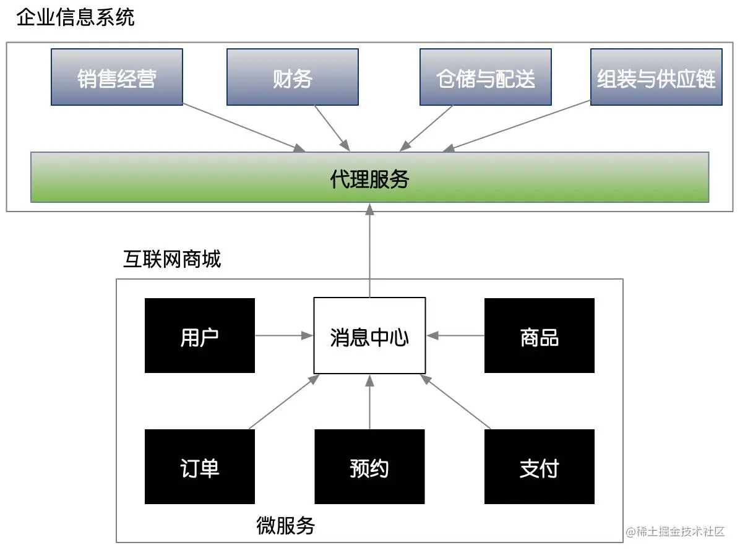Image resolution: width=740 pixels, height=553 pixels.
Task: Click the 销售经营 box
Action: pos(116,77)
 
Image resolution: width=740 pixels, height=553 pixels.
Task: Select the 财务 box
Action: pos(292,77)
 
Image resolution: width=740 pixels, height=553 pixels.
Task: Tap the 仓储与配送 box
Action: pos(485,77)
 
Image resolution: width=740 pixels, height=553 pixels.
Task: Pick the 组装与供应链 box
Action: pos(656,77)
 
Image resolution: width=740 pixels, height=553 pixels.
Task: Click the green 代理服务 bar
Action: pos(369,178)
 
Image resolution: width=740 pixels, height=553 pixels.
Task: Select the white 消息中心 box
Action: pos(369,336)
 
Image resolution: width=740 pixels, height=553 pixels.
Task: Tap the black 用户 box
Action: pos(199,336)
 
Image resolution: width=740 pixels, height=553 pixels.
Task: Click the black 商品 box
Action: pos(539,336)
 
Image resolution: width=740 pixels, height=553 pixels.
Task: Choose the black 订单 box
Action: pos(199,467)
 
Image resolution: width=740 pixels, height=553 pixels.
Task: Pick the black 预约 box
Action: pos(369,467)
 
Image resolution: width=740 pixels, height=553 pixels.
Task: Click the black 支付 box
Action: pos(539,467)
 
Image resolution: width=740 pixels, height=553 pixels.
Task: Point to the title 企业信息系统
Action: pos(75,17)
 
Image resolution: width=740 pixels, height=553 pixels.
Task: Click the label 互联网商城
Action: pos(171,259)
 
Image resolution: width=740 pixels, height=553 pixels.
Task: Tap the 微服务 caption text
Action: pos(285,526)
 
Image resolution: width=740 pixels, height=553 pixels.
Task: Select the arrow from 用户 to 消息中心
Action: pos(284,336)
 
